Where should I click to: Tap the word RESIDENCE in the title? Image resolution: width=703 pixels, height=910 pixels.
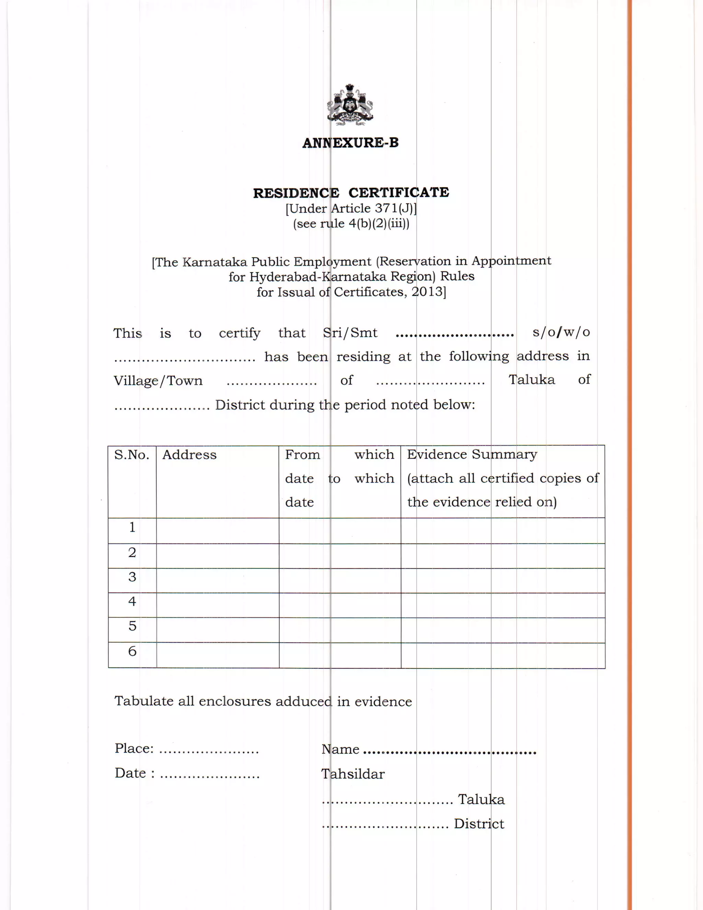(296, 193)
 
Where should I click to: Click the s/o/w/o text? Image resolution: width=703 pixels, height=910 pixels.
(561, 332)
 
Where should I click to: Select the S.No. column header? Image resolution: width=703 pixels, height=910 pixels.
(131, 454)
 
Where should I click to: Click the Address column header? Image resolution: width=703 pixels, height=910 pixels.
(189, 454)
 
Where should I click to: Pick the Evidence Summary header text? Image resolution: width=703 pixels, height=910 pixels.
(472, 454)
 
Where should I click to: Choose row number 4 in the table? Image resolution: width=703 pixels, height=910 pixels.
(132, 601)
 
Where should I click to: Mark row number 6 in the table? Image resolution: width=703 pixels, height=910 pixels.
(132, 651)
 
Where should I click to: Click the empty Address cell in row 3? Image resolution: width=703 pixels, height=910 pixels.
(217, 581)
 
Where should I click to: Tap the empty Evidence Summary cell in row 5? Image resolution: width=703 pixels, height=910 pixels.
(503, 630)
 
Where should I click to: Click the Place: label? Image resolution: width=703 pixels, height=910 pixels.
(134, 748)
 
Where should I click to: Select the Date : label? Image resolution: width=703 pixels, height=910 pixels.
(135, 773)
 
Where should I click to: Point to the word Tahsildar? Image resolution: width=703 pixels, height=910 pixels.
(353, 774)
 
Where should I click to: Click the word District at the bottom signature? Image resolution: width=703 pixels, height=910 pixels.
(479, 824)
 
